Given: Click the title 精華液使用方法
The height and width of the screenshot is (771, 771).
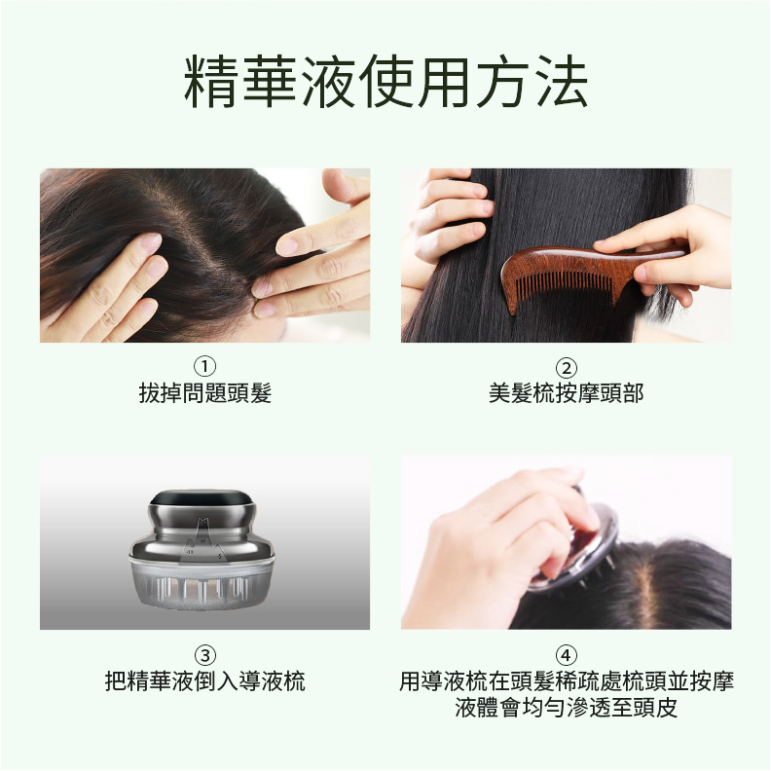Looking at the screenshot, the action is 385,81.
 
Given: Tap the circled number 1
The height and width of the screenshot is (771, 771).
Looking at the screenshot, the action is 205,367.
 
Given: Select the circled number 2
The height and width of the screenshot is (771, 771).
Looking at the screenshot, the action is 566,368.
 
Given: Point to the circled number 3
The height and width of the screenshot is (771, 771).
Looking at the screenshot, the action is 205,655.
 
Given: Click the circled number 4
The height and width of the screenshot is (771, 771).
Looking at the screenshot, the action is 566,655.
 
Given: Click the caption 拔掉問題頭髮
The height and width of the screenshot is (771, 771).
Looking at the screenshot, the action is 205,393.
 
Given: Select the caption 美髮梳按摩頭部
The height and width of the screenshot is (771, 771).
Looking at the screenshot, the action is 566,393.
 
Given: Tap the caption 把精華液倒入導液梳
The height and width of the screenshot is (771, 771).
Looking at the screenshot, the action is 205,681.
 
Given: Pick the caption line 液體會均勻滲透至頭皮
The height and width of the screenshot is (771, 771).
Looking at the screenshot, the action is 566,707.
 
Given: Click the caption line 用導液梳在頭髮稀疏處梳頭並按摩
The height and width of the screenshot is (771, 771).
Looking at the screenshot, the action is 566,681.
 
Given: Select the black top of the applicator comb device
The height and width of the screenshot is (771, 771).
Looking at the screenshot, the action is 202,497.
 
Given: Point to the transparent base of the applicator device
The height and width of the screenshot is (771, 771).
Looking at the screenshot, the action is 202,583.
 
